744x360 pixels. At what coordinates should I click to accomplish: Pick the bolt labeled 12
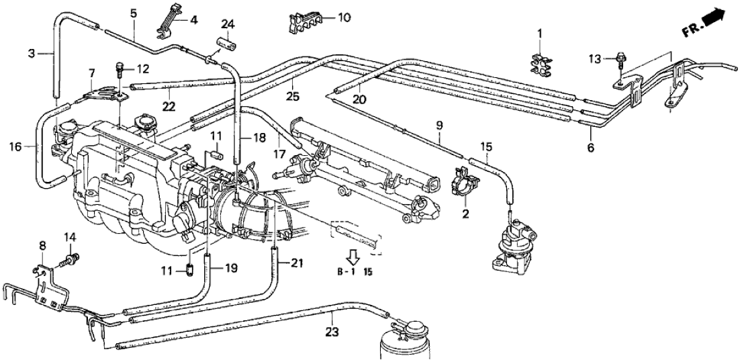tap(120, 66)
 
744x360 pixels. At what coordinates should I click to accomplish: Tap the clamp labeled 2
tap(466, 189)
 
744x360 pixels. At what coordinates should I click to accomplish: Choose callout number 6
tap(590, 146)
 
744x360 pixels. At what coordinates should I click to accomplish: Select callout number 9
tap(439, 124)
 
